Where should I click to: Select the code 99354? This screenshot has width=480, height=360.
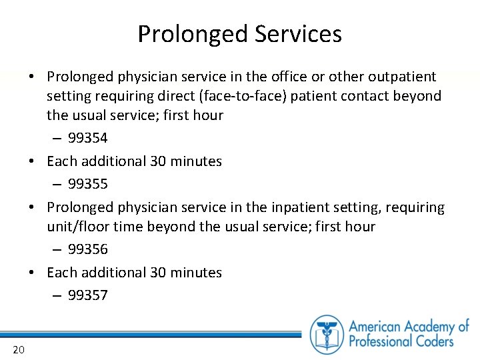click(87, 138)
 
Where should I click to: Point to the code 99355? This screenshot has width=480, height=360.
click(87, 183)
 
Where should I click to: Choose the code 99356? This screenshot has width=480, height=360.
click(87, 249)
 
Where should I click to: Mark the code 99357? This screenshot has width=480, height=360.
click(87, 295)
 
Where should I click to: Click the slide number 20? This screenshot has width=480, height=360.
click(18, 350)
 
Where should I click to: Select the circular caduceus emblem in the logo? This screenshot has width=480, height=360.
click(327, 333)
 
